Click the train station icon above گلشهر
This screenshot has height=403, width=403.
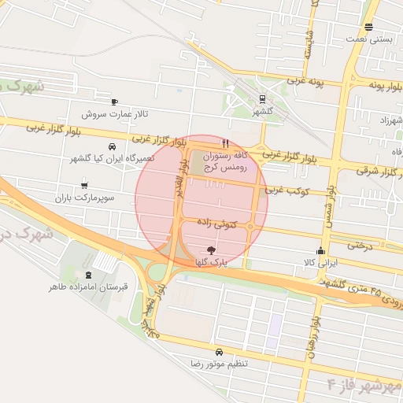tap(262, 98)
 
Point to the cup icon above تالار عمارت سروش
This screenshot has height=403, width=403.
tap(115, 102)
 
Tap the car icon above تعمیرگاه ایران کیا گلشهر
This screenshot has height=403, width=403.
tap(113, 146)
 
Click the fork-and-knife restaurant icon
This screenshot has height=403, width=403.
tap(226, 144)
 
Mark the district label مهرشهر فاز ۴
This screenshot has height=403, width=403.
tap(364, 385)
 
